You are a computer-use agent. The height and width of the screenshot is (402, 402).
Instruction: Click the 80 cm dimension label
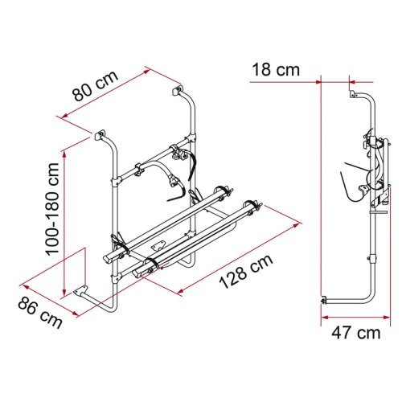tap(96, 86)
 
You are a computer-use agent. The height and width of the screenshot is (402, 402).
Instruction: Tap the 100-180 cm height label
tap(52, 209)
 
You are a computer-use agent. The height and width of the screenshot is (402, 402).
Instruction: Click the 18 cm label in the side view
tap(276, 70)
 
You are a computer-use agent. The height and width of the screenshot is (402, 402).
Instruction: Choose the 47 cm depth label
tap(356, 333)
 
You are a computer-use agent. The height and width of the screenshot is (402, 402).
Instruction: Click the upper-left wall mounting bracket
tap(99, 134)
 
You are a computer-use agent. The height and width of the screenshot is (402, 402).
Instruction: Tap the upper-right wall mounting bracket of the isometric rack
tap(177, 90)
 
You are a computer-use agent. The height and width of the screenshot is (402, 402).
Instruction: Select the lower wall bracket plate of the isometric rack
tap(80, 291)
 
